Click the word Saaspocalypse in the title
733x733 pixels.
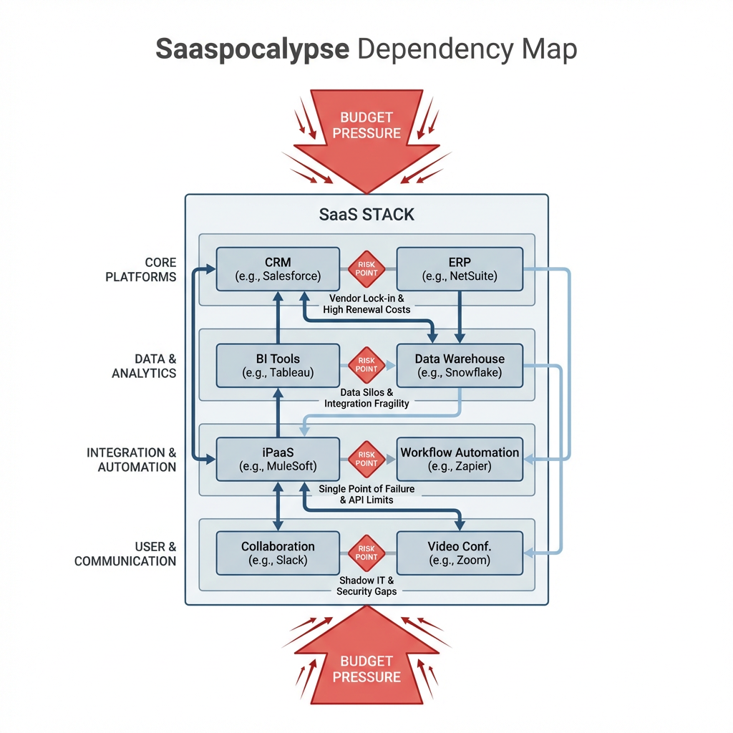(253, 50)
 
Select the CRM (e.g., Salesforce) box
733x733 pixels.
(278, 269)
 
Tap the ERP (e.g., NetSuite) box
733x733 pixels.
(459, 269)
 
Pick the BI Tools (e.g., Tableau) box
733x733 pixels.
(278, 366)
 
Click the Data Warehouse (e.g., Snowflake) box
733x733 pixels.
(459, 366)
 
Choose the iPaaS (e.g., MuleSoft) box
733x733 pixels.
(278, 460)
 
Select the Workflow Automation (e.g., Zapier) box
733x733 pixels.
(459, 460)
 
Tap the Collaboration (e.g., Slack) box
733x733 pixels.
(278, 553)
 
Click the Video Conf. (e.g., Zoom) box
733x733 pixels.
(459, 553)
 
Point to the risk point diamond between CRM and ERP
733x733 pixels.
(366, 269)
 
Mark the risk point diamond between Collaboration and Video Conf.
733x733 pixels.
(366, 553)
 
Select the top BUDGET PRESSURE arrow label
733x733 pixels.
(366, 125)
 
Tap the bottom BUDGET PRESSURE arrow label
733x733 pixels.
(366, 669)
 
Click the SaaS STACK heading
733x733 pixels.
(366, 214)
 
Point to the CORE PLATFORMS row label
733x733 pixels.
(140, 269)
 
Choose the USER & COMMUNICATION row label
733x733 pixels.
(125, 553)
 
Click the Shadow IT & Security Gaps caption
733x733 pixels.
(366, 586)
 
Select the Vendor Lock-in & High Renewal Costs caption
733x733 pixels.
(366, 304)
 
